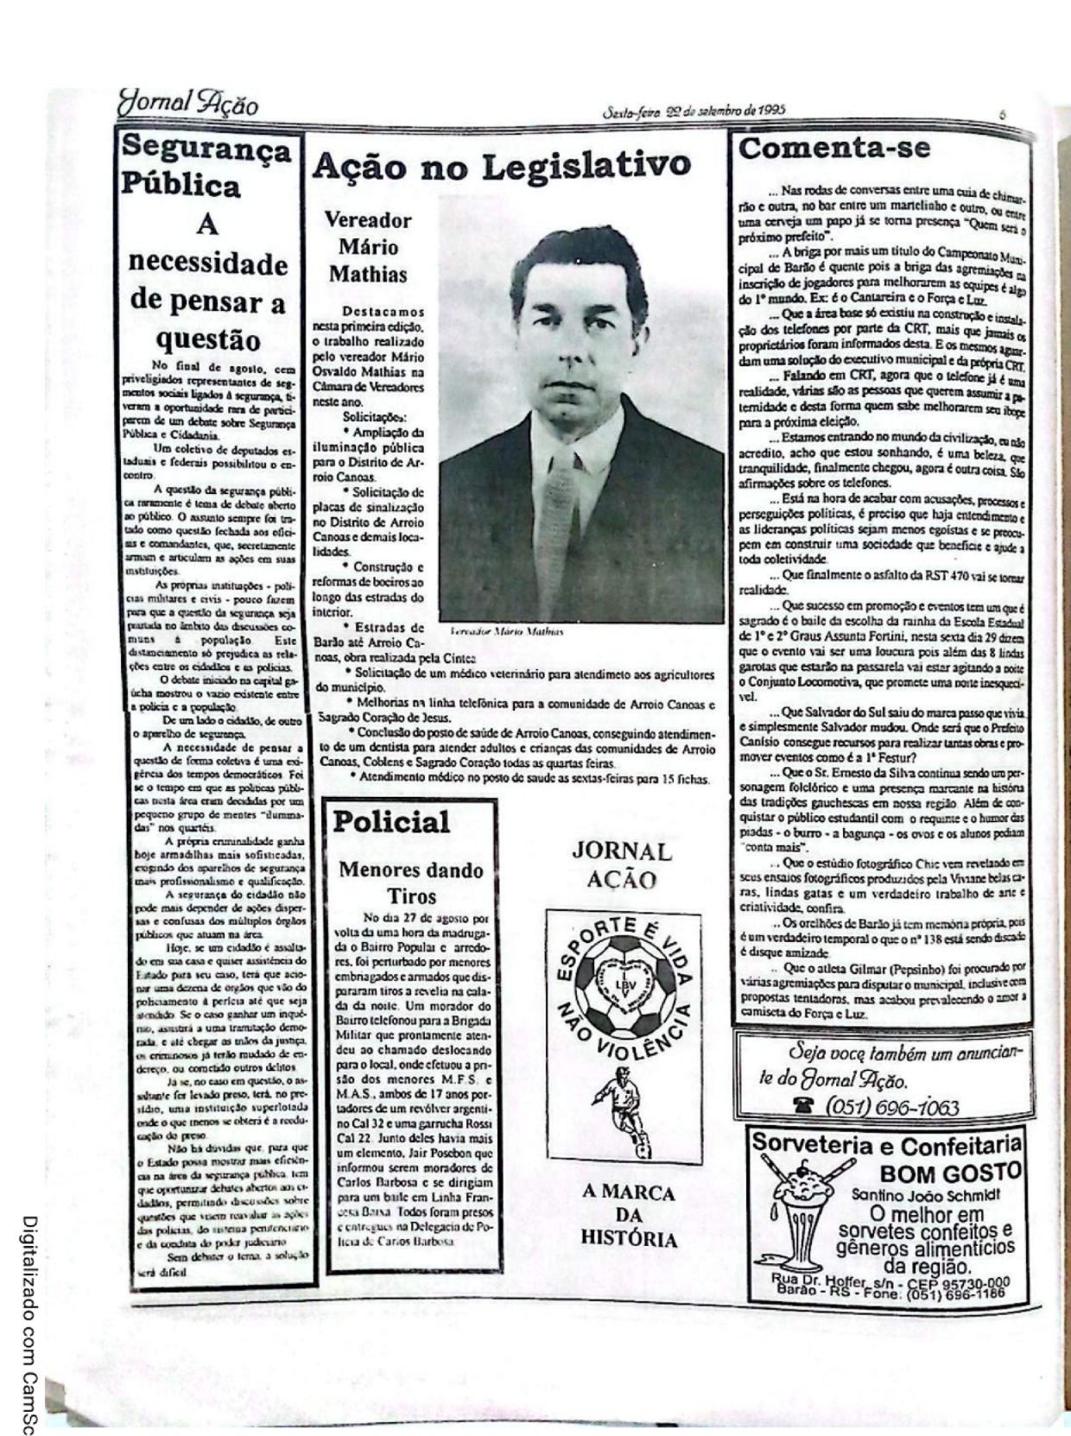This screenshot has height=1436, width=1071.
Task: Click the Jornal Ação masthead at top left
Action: pyautogui.click(x=188, y=105)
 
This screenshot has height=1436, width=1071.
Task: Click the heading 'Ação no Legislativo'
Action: pyautogui.click(x=501, y=165)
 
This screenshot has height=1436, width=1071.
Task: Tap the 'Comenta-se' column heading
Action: pyautogui.click(x=834, y=148)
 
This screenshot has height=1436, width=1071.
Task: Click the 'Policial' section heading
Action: pyautogui.click(x=391, y=821)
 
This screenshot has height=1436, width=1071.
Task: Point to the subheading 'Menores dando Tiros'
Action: pyautogui.click(x=410, y=882)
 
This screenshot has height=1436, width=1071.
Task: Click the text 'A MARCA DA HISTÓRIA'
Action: pyautogui.click(x=628, y=1216)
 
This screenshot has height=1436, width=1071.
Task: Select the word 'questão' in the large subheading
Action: pyautogui.click(x=208, y=339)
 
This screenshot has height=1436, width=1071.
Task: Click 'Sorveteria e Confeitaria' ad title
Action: pyautogui.click(x=886, y=1145)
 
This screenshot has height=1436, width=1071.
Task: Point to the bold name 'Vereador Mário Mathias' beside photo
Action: pyautogui.click(x=368, y=247)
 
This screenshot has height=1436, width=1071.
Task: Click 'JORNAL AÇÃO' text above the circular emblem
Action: pyautogui.click(x=622, y=865)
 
